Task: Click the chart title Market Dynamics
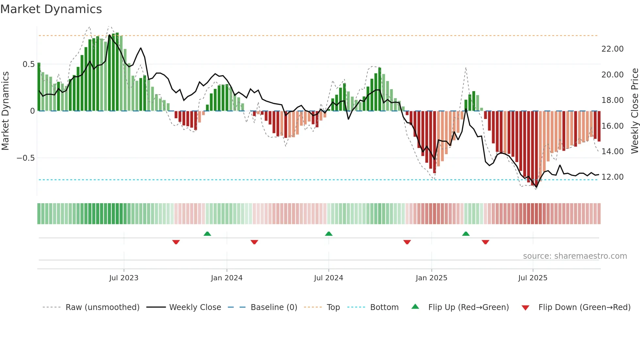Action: (x=51, y=9)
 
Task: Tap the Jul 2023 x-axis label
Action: (x=124, y=278)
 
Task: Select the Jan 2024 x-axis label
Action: (x=227, y=278)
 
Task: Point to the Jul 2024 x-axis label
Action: (x=328, y=278)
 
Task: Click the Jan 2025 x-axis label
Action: (x=431, y=278)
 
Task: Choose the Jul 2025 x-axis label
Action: (x=533, y=278)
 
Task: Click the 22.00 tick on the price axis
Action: (x=612, y=49)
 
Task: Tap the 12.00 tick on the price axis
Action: (x=612, y=177)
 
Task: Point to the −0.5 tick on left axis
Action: (x=25, y=158)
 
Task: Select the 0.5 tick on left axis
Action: (x=28, y=64)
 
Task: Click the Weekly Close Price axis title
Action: (x=634, y=111)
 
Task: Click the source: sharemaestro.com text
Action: (x=575, y=256)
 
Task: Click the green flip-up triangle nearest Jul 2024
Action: (x=329, y=234)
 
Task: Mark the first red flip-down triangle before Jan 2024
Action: (x=176, y=242)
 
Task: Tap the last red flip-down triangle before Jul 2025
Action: (x=485, y=242)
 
